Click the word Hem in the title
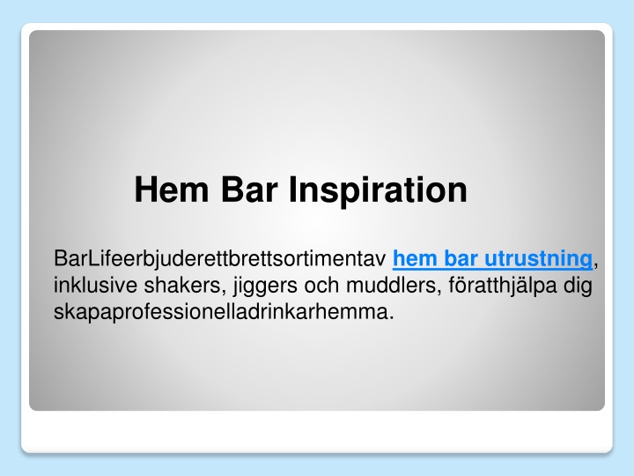click(x=172, y=190)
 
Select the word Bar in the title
click(x=250, y=190)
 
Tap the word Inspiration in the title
click(x=378, y=192)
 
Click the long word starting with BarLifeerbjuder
click(x=220, y=258)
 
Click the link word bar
click(x=461, y=258)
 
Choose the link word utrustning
click(x=538, y=259)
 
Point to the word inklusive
click(x=95, y=285)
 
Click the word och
click(x=322, y=285)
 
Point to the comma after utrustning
click(x=595, y=265)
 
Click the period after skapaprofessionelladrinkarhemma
click(x=391, y=318)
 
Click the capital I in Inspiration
click(x=292, y=190)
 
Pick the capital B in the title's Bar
click(x=232, y=190)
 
